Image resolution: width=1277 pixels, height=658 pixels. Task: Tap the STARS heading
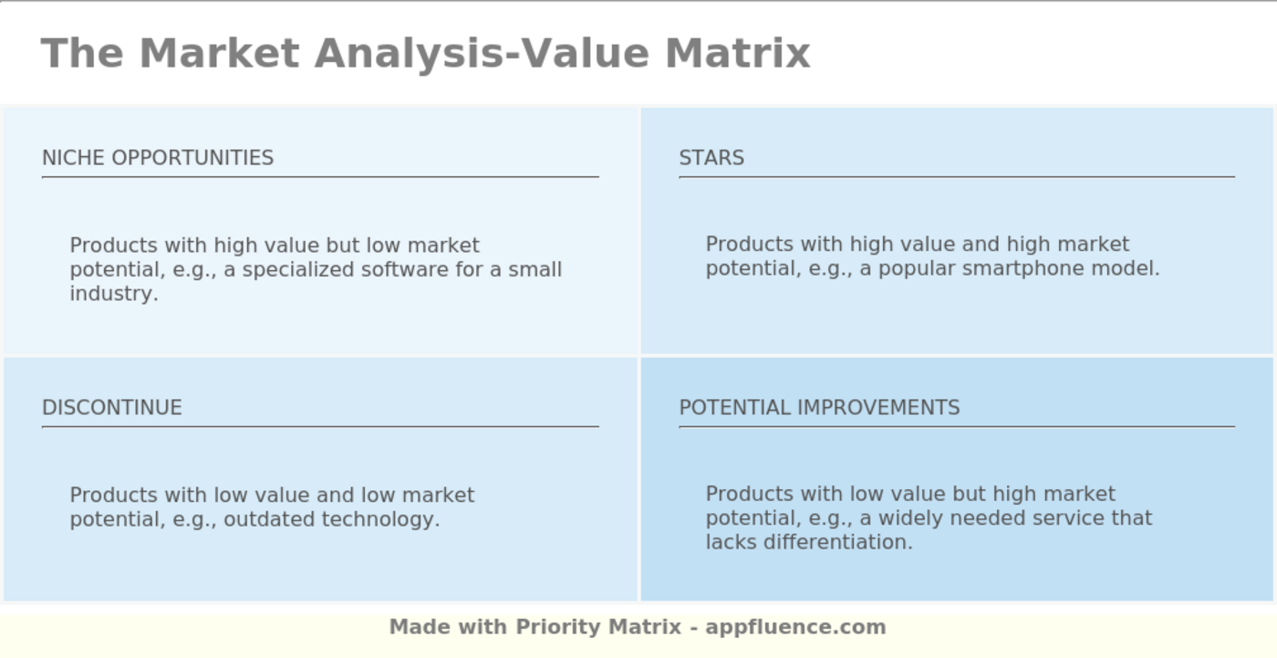pyautogui.click(x=711, y=158)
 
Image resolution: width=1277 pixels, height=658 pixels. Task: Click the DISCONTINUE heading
pyautogui.click(x=112, y=408)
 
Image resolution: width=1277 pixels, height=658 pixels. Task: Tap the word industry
pyautogui.click(x=113, y=294)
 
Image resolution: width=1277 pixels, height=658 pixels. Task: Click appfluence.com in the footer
pyautogui.click(x=795, y=628)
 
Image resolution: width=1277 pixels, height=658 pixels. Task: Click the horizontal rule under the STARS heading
pyautogui.click(x=956, y=177)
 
